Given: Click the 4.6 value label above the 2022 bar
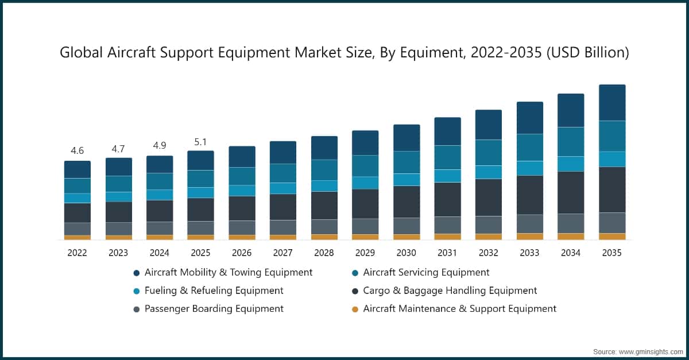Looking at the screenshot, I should [x=77, y=151].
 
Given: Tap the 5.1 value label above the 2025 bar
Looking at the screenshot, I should [x=200, y=141].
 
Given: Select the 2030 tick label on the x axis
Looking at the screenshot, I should [x=406, y=253].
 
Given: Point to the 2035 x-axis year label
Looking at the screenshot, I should [x=612, y=253].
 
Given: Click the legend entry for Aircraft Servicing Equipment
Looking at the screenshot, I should [x=426, y=272].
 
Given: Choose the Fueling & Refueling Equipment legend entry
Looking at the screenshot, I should [x=214, y=291].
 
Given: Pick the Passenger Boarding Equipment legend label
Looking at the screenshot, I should [x=214, y=309].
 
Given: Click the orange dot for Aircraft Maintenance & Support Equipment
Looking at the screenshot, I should [x=355, y=309].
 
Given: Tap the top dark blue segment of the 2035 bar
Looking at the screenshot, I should [x=612, y=103].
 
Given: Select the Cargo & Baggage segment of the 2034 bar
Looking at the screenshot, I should [x=571, y=192].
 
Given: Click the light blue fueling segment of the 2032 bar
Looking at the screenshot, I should [x=489, y=172].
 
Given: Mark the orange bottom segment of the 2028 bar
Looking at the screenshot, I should [x=324, y=237].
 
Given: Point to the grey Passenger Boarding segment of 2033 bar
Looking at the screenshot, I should [x=529, y=223].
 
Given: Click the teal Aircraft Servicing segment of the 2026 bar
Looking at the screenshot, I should [x=242, y=176].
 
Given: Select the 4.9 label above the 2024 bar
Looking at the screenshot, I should [x=159, y=146].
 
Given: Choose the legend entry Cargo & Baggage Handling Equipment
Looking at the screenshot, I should [x=450, y=291].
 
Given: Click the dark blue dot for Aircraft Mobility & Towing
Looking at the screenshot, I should [x=136, y=273].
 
